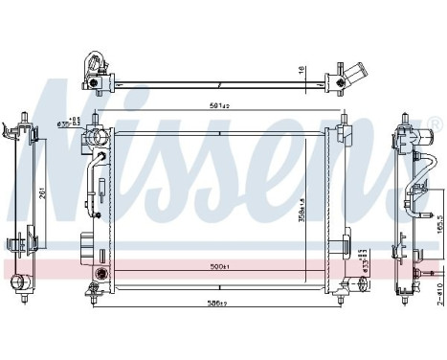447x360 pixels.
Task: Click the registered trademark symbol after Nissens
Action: (x=434, y=123)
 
